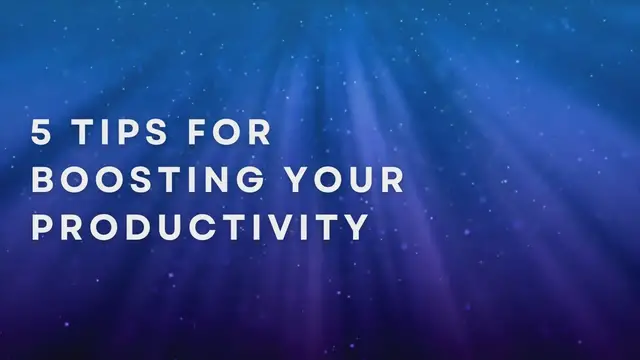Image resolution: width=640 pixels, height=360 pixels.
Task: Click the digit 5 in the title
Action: (43, 134)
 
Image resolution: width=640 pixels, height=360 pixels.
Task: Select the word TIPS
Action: (128, 134)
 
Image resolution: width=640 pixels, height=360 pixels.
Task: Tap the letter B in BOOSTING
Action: (43, 181)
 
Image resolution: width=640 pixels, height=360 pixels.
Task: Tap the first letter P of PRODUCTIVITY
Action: (43, 227)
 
